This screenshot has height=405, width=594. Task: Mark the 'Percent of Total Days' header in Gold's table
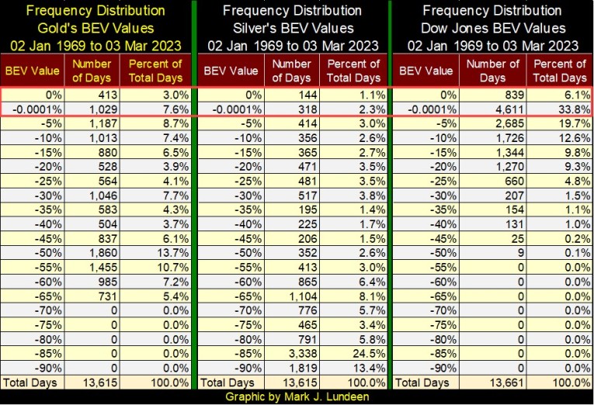tap(156, 71)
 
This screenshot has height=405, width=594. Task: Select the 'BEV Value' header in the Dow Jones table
tap(425, 71)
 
